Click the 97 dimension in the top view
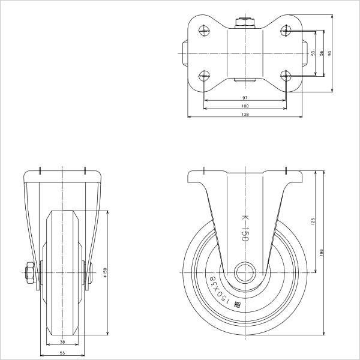click(x=245, y=97)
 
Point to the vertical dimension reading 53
click(x=313, y=53)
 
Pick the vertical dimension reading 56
click(x=322, y=53)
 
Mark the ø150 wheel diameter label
click(x=106, y=273)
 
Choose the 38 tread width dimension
click(x=62, y=342)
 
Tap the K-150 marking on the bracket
click(x=244, y=229)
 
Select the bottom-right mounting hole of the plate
click(x=286, y=76)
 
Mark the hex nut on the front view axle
click(x=29, y=274)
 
